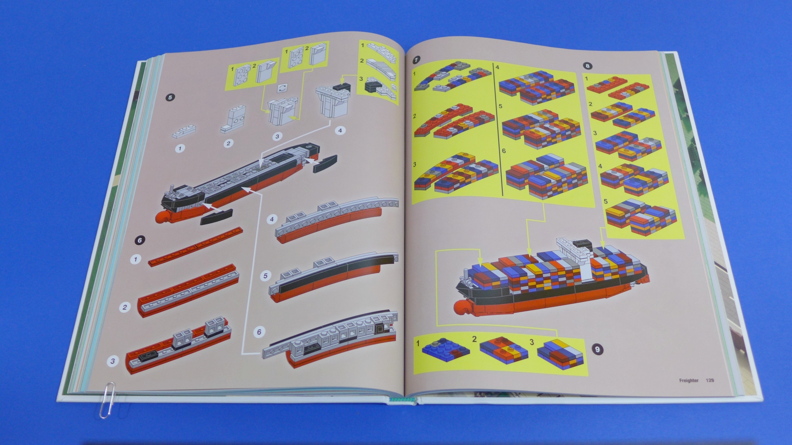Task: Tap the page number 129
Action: point(709,380)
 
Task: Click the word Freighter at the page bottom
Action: point(688,380)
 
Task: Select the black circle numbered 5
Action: point(170,98)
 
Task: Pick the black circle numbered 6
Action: point(140,240)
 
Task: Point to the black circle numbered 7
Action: point(416,60)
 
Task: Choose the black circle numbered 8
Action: point(587,66)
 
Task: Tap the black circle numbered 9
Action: point(597,350)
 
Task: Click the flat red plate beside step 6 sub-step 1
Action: point(195,247)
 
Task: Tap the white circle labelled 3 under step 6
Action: point(113,361)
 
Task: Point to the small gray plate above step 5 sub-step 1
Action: point(184,131)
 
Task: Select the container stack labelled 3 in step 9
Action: point(561,353)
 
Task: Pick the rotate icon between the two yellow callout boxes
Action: point(283,87)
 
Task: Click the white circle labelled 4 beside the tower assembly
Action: point(340,131)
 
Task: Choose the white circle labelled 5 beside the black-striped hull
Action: point(266,276)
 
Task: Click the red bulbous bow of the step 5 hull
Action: point(164,217)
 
